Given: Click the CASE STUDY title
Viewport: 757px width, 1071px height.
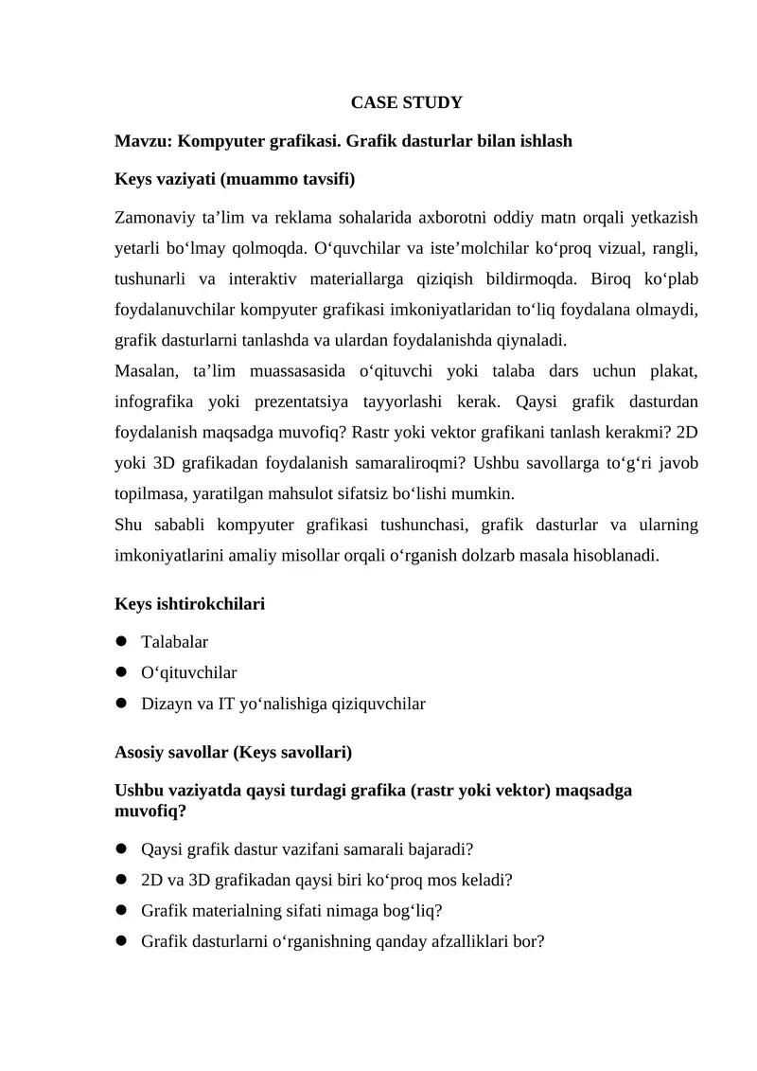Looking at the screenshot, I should point(406,102).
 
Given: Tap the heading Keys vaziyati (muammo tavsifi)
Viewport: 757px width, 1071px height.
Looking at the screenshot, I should point(234,178).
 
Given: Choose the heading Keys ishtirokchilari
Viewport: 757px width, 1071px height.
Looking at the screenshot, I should point(189,603).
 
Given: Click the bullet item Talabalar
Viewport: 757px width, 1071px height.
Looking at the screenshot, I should point(174,642).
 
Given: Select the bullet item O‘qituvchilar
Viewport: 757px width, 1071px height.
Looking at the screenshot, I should point(188,672).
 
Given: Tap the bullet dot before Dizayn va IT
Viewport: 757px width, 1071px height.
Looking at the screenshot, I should point(121,704).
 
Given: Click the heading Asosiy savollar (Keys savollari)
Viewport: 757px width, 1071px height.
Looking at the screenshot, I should point(233,753).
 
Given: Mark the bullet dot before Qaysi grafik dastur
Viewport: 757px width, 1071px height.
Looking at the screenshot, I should point(121,848).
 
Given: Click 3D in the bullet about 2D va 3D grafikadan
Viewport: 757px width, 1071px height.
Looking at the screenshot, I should point(202,880).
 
